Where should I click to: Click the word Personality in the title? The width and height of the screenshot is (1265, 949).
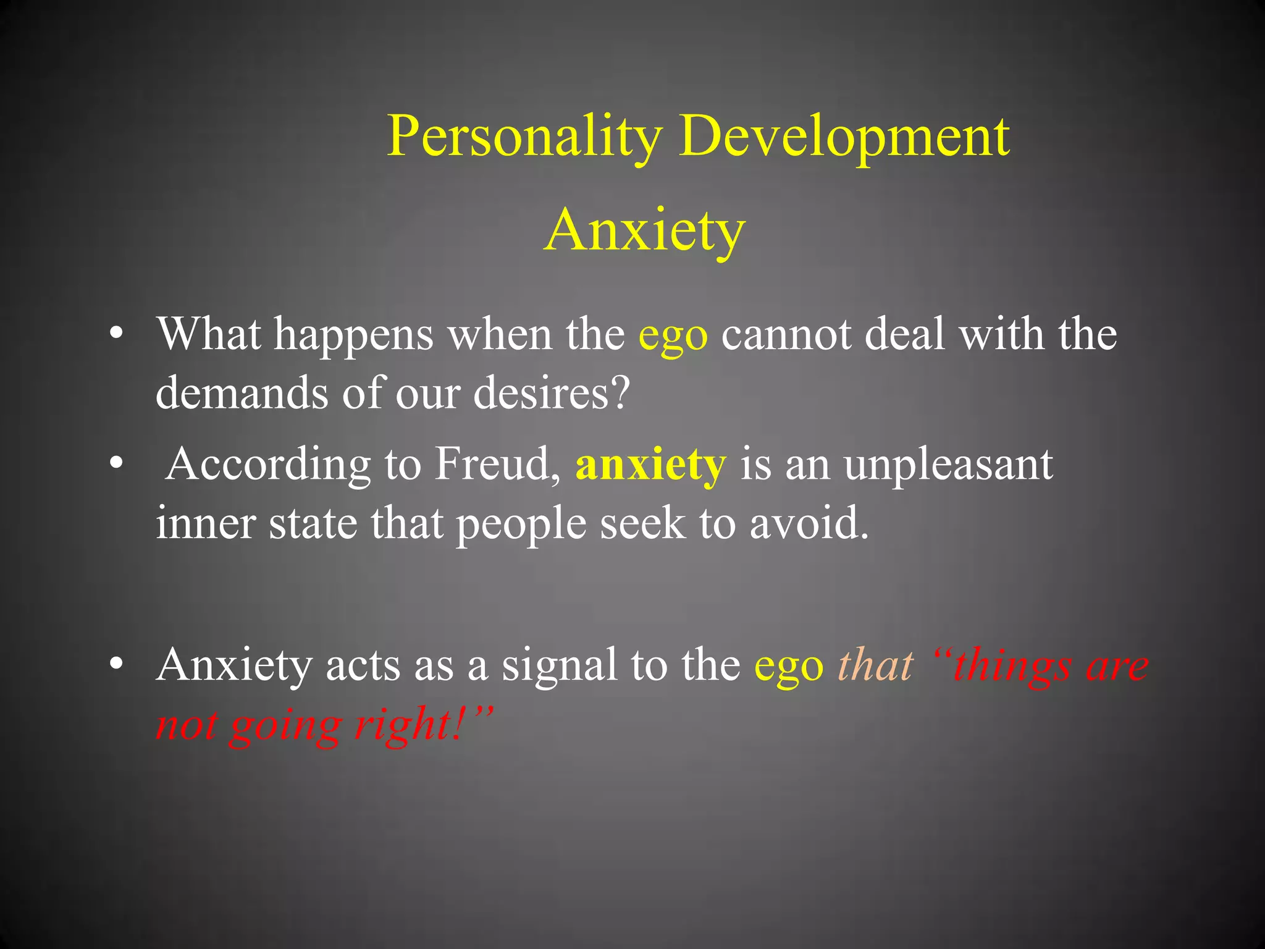pyautogui.click(x=525, y=137)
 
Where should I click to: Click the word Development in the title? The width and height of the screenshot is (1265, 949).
pyautogui.click(x=844, y=137)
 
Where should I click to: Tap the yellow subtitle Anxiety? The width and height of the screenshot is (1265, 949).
pyautogui.click(x=645, y=230)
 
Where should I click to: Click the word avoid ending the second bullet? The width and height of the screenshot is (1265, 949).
pyautogui.click(x=809, y=524)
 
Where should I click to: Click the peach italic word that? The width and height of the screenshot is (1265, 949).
pyautogui.click(x=875, y=666)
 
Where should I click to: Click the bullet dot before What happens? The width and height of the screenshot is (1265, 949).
pyautogui.click(x=116, y=335)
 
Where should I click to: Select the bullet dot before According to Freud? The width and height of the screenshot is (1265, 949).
pyautogui.click(x=116, y=465)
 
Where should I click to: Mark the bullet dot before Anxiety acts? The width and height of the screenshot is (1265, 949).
pyautogui.click(x=116, y=666)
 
